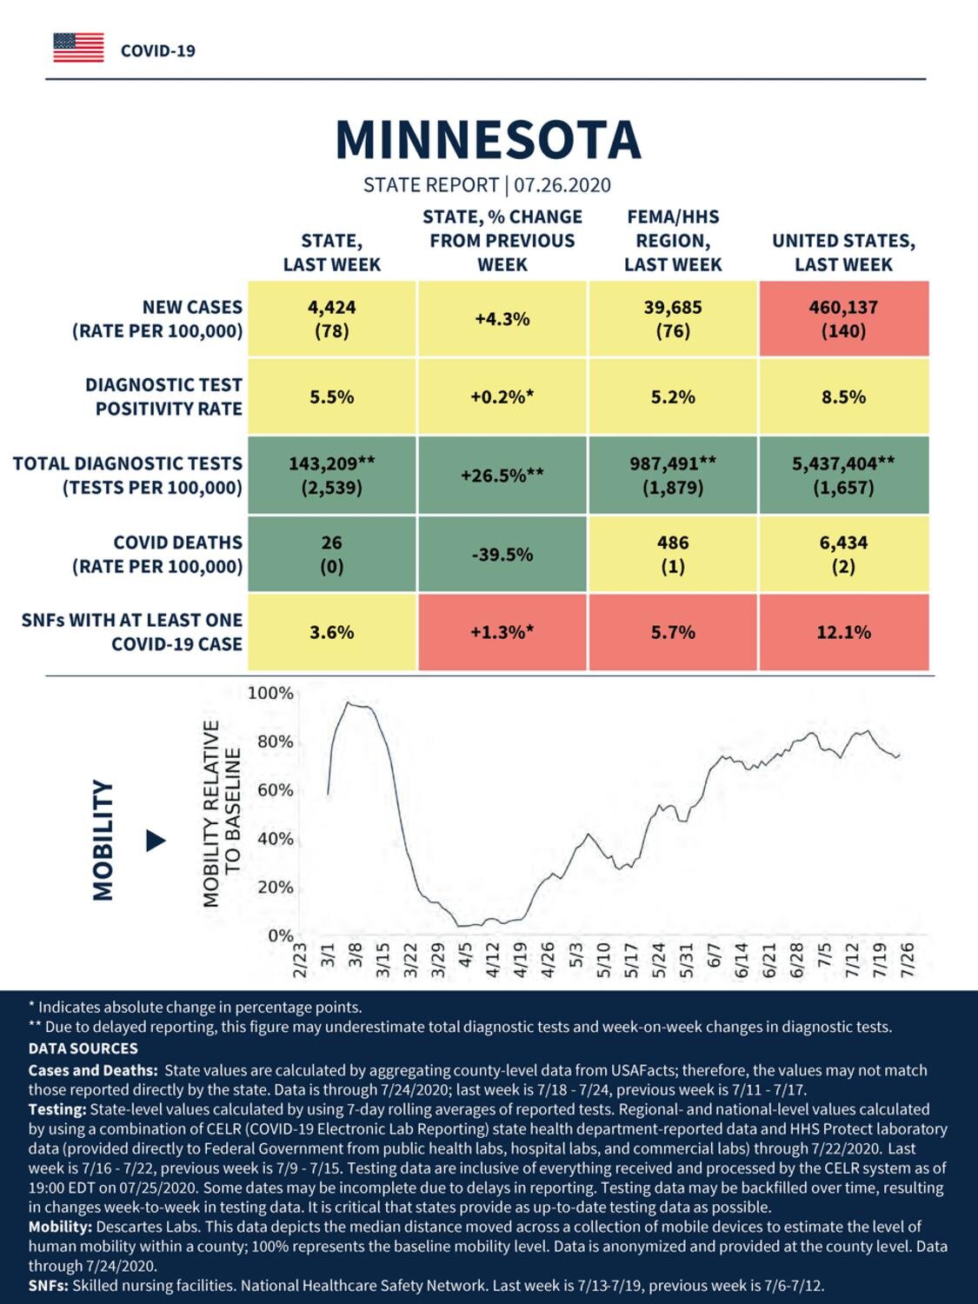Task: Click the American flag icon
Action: (x=78, y=48)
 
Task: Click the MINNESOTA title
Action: (x=488, y=140)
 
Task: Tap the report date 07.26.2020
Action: (x=562, y=185)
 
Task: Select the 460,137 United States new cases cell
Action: (x=844, y=319)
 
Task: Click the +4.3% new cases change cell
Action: (x=502, y=319)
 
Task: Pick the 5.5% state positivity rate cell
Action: (x=332, y=396)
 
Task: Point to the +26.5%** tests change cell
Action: (x=502, y=476)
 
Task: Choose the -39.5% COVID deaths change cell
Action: (x=502, y=555)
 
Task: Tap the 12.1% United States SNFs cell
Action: (x=844, y=632)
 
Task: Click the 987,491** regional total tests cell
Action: (x=673, y=476)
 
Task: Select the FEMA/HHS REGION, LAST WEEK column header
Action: (x=673, y=241)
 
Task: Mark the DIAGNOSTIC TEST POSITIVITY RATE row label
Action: (x=164, y=396)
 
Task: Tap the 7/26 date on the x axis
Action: (x=907, y=959)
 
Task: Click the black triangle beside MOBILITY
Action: (x=156, y=841)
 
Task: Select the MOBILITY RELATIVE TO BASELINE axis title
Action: (x=223, y=814)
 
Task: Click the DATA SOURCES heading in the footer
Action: (x=83, y=1048)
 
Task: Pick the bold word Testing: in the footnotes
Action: (x=57, y=1110)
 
